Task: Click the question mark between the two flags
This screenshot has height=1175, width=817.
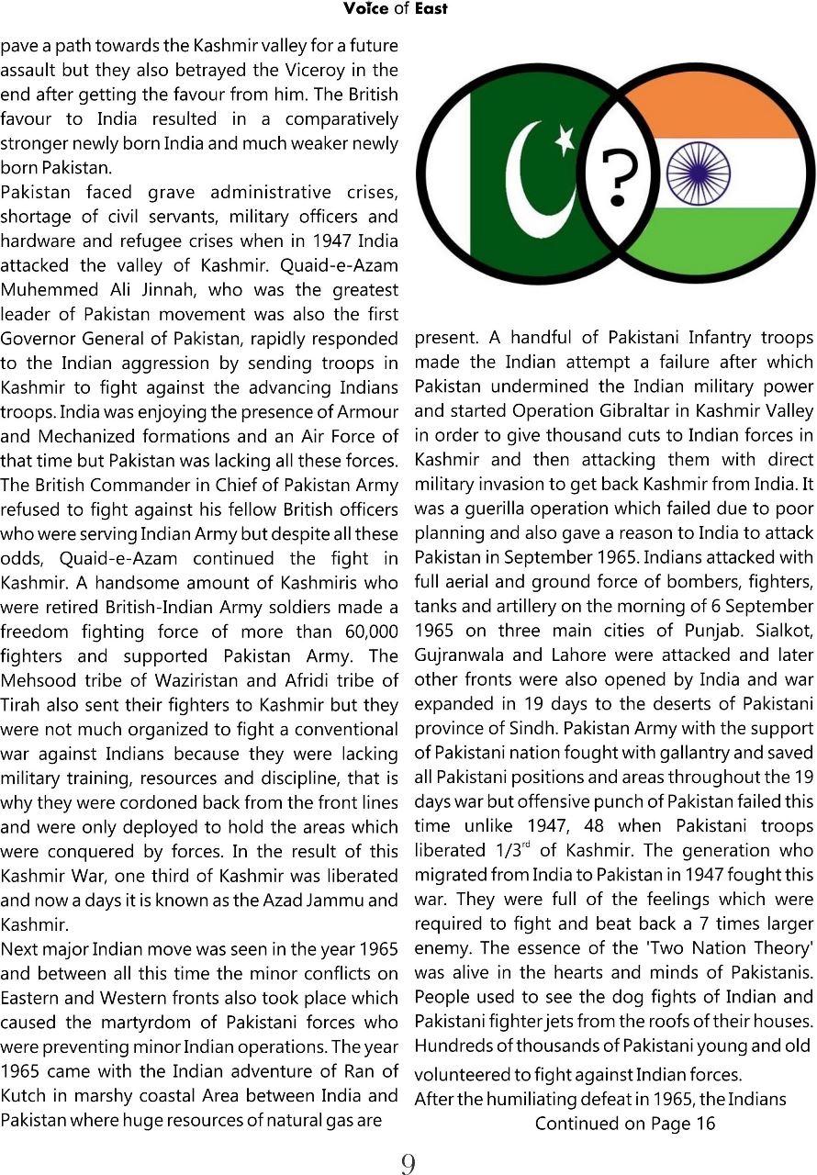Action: [x=616, y=177]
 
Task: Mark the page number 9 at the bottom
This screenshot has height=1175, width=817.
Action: [x=408, y=1164]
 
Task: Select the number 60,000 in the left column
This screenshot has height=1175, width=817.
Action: [x=365, y=631]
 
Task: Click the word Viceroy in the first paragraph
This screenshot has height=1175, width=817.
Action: [x=323, y=70]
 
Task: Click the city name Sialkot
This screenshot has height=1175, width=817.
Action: [x=782, y=631]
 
